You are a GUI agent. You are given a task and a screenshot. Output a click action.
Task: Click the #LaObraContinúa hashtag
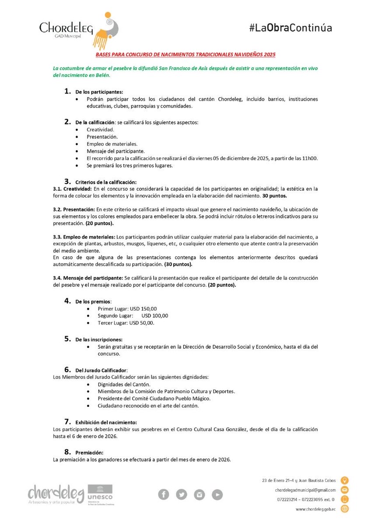(x=290, y=28)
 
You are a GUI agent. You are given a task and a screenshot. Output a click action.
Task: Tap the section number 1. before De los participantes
(x=67, y=91)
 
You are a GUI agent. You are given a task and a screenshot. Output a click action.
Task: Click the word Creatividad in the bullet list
(x=100, y=130)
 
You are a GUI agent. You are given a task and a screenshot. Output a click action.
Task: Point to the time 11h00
(x=310, y=158)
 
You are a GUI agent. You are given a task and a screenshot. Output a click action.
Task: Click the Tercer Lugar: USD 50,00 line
(x=126, y=323)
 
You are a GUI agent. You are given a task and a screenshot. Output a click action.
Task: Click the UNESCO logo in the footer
(x=100, y=493)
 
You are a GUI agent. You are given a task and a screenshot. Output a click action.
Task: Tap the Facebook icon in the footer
(x=164, y=494)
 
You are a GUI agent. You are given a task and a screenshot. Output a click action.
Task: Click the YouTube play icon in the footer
(x=217, y=494)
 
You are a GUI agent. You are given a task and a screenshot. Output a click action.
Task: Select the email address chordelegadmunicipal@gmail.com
(x=306, y=490)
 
